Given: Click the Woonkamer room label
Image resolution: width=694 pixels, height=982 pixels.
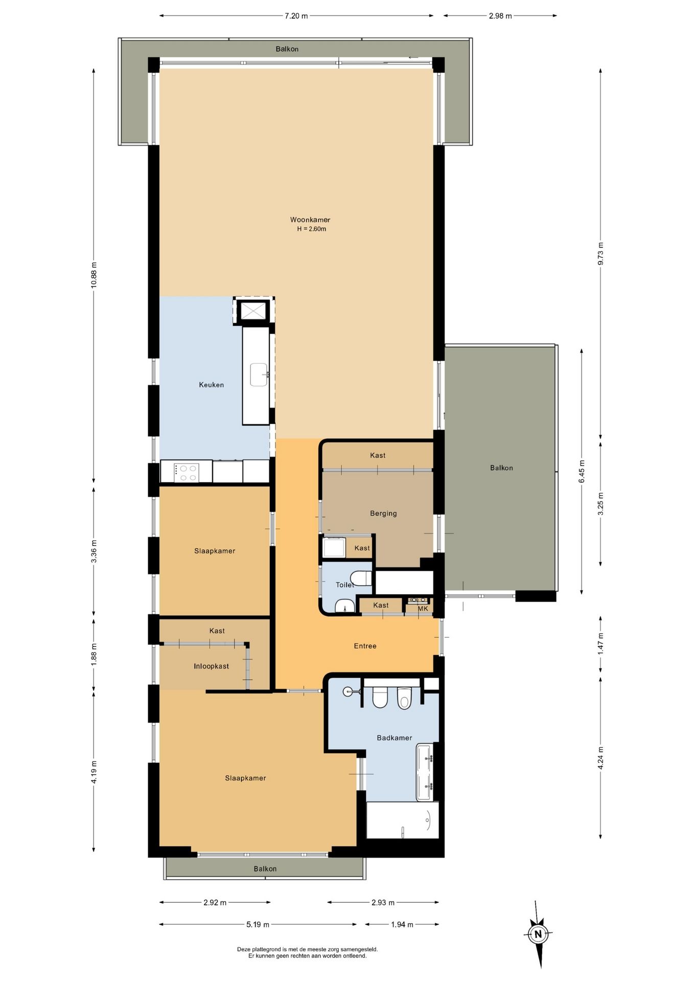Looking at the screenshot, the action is pos(310,220).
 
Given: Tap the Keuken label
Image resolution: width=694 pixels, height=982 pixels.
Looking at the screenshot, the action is pos(212,385).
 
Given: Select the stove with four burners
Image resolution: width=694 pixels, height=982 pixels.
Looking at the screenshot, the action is pos(187,472).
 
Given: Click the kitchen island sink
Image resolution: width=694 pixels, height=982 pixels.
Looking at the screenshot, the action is pos(259,374).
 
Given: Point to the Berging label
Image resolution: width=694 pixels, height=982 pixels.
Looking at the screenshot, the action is pos(383,514).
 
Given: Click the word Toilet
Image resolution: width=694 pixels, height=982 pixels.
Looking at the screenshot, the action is pos(345,585).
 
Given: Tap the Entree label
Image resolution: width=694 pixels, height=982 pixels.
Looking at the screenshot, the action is pos(365,646).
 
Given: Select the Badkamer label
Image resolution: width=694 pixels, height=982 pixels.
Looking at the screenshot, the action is pos(395,738).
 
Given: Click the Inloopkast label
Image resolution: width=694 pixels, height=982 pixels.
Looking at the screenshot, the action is pos(212,666).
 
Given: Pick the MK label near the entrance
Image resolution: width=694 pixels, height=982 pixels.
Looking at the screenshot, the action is pos(423,609).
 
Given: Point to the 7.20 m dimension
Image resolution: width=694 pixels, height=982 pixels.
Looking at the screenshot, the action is pos(296,16).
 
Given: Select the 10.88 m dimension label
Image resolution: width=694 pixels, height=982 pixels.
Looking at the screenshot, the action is pos(94,275).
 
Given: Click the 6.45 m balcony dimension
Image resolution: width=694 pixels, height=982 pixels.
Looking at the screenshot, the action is pos(582,471).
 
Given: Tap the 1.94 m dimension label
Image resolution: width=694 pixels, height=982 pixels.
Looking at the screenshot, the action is pos(402,924).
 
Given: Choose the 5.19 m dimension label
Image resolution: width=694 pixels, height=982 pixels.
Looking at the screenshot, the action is pos(258,924).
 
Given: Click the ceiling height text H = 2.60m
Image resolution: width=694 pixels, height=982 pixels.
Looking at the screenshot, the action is pos(312,229).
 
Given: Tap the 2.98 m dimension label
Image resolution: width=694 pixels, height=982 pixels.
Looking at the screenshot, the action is pos(500,16).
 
